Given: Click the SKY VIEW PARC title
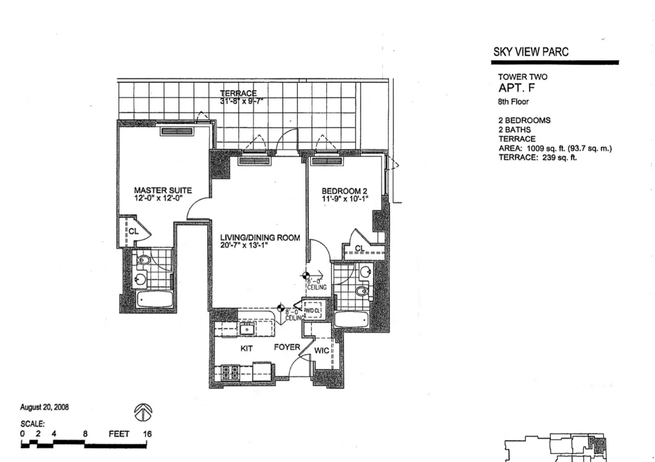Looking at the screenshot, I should [531, 52].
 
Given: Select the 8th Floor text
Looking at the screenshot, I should [514, 102].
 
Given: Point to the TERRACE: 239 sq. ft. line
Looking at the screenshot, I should [538, 157].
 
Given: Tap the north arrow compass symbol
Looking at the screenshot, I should [143, 412].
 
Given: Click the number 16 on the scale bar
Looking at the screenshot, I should [146, 434].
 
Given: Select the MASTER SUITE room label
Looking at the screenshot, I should [163, 191].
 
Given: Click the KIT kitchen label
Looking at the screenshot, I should [246, 348].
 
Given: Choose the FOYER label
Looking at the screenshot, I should [287, 347].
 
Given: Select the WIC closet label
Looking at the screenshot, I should [321, 350].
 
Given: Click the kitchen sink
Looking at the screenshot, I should [247, 329].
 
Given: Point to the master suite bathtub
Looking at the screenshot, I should [154, 299].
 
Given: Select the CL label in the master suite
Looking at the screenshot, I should [133, 230].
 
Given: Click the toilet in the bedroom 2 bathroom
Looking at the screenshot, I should [362, 291].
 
